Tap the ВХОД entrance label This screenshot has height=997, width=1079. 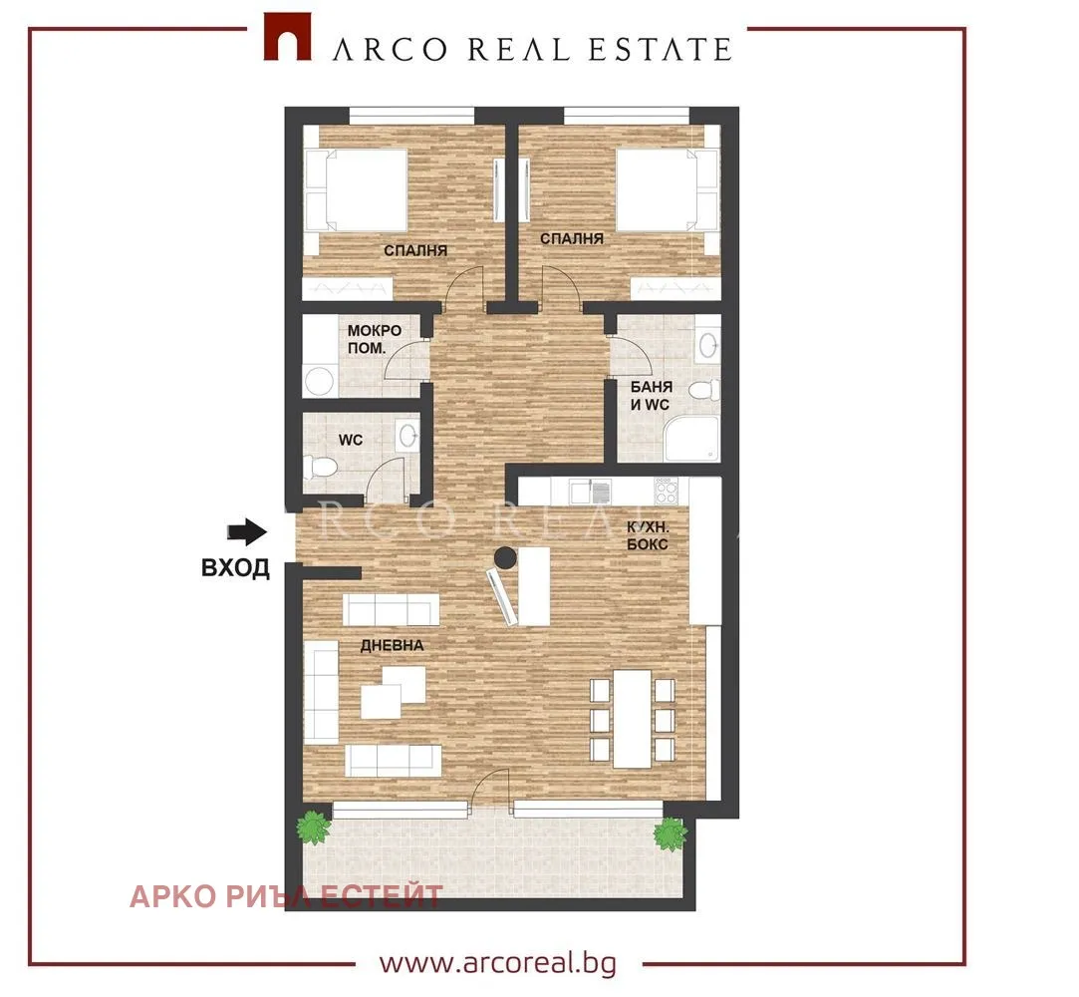click(x=235, y=568)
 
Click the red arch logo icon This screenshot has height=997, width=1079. click(x=288, y=37)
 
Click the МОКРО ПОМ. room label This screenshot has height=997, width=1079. click(x=375, y=339)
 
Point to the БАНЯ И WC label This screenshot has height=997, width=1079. click(x=651, y=395)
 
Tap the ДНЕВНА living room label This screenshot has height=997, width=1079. click(x=393, y=646)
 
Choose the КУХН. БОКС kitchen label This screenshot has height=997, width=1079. click(x=648, y=535)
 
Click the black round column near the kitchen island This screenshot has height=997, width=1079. click(x=506, y=556)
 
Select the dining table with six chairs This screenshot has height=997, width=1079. click(x=633, y=719)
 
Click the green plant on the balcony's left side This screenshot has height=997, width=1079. click(x=314, y=828)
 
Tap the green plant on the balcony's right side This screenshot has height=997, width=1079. click(x=670, y=833)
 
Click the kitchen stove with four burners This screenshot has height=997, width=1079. click(x=667, y=491)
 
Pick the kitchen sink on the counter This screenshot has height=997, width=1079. click(x=591, y=491)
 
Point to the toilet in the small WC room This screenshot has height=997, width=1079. click(x=322, y=469)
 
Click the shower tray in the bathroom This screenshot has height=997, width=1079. click(x=691, y=439)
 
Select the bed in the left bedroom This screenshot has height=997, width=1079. click(x=356, y=190)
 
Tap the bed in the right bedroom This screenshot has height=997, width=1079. click(x=668, y=190)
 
